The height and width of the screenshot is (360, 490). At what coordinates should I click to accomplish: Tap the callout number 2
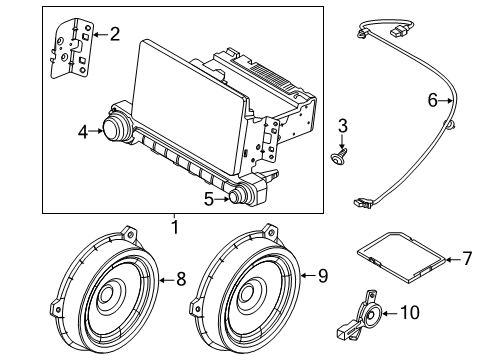[x=114, y=35]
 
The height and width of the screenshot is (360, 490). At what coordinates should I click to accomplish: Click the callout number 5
[x=208, y=198]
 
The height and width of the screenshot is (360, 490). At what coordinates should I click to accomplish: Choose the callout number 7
[x=466, y=259]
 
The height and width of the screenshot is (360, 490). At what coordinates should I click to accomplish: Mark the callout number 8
[x=181, y=281]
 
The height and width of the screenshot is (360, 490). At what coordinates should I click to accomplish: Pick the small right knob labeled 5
[x=240, y=196]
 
